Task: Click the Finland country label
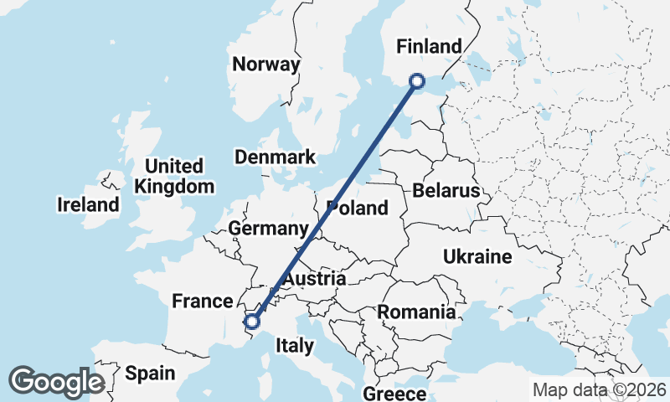click(x=430, y=46)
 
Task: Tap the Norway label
click(x=265, y=64)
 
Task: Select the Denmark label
click(x=275, y=157)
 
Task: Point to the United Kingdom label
click(x=174, y=176)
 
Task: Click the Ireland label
click(x=88, y=204)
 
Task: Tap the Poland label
click(x=358, y=209)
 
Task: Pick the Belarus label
click(x=446, y=191)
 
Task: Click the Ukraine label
click(x=477, y=256)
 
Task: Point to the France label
click(x=201, y=301)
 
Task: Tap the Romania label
click(x=416, y=312)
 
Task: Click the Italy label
click(x=295, y=345)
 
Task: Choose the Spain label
click(x=150, y=374)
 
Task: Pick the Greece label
click(x=394, y=394)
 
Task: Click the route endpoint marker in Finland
click(x=417, y=81)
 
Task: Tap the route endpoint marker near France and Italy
click(x=252, y=321)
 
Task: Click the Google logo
click(x=56, y=382)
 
